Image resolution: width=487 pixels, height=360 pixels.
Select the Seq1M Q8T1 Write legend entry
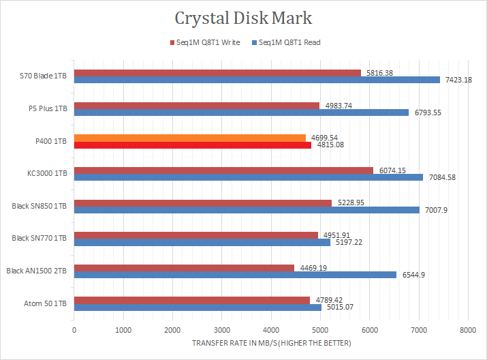coord(204,42)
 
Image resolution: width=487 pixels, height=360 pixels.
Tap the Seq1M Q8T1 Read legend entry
coord(286,42)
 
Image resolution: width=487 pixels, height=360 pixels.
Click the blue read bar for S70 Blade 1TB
coord(257,80)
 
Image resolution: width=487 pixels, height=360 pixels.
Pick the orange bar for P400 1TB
coord(190,138)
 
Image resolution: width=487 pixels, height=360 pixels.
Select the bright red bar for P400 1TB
coord(193,145)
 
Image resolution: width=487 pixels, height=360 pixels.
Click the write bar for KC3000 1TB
coord(223,170)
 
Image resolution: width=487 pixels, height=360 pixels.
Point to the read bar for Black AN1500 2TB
coord(235,275)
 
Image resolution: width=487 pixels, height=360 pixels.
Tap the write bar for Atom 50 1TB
coord(191,300)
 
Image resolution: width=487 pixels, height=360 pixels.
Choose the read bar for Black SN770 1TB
coord(202,242)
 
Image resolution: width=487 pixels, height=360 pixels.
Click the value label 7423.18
coord(458,80)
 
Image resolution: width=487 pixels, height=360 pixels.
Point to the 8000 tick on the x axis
coord(467,330)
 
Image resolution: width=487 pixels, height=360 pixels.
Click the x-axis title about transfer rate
coord(271,343)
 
